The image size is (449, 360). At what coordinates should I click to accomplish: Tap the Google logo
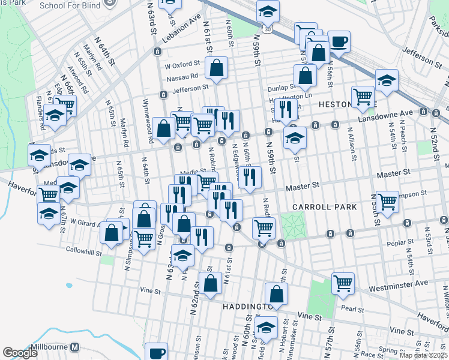click(20, 353)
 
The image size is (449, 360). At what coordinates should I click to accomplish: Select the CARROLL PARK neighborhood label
click(324, 206)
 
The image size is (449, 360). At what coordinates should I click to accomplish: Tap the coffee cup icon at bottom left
click(157, 352)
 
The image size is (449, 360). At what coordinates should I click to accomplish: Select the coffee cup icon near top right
click(339, 41)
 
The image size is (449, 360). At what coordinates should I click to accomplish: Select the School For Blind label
click(69, 5)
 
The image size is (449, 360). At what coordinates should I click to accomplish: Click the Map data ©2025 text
click(423, 355)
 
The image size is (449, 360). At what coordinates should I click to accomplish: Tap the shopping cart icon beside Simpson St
click(387, 201)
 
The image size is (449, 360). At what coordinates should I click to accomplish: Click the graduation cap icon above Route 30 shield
click(268, 10)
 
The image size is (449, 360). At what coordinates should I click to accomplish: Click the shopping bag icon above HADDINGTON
click(276, 294)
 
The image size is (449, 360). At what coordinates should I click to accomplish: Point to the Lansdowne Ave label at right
click(395, 113)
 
